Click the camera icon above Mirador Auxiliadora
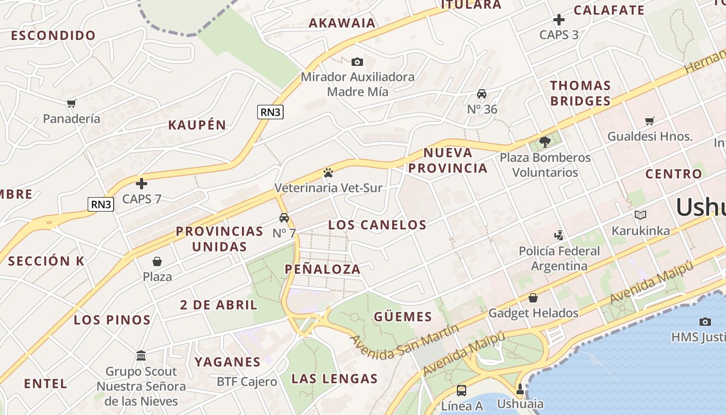point(357,62)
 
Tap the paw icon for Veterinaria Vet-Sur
point(328,173)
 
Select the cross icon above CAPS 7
point(142,184)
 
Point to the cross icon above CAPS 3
point(559,20)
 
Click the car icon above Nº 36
point(482,94)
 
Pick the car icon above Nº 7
point(284,218)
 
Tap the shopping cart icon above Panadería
point(71,104)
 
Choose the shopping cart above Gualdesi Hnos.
point(650,121)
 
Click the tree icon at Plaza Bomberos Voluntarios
point(544,142)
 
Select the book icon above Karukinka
point(640,215)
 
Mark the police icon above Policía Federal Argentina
point(559,236)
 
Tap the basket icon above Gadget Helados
point(533,298)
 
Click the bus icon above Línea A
point(461,391)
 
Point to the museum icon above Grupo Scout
point(141,356)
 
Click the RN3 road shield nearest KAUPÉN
point(271,112)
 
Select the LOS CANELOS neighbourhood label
point(377,225)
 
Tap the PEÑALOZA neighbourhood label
point(323,269)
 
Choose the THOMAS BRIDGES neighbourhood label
point(580,93)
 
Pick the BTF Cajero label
point(247,382)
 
